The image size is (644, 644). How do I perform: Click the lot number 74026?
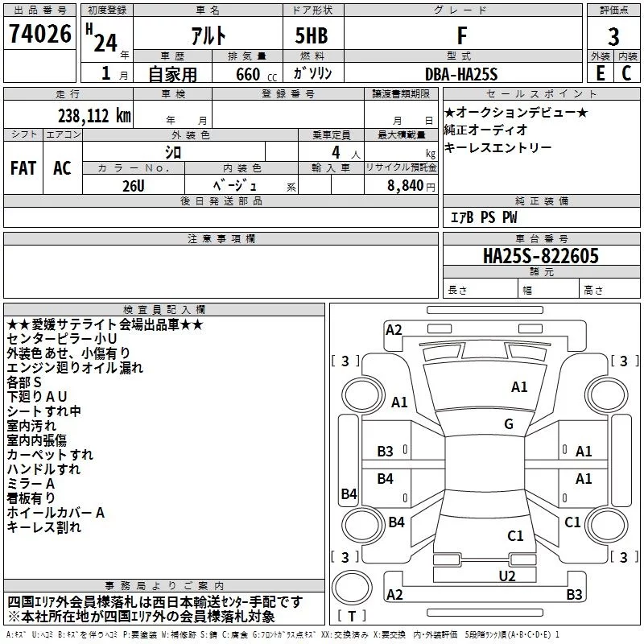tap(40, 34)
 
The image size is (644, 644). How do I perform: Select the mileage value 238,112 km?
tap(94, 116)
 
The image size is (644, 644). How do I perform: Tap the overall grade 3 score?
tap(613, 37)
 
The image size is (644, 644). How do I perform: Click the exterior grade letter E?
tap(600, 73)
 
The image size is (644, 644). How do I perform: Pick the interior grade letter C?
tap(626, 73)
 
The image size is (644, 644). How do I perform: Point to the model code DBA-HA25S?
tap(461, 74)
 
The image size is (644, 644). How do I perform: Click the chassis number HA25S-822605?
tap(541, 256)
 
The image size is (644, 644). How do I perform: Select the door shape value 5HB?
tap(312, 35)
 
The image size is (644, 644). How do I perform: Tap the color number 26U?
tap(134, 186)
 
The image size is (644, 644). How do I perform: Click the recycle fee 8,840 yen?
tap(411, 186)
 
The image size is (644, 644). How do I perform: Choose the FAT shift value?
tap(23, 168)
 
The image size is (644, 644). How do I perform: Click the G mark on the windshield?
tap(509, 424)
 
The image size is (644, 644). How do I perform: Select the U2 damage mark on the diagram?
tap(507, 576)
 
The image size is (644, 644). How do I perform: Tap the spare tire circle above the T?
tap(352, 588)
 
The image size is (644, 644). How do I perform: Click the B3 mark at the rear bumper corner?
tap(574, 594)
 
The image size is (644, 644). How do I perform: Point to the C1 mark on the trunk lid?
tap(515, 535)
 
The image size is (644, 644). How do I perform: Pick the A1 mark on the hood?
tap(519, 387)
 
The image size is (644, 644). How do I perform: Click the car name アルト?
tap(208, 35)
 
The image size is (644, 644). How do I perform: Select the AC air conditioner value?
tap(62, 168)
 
